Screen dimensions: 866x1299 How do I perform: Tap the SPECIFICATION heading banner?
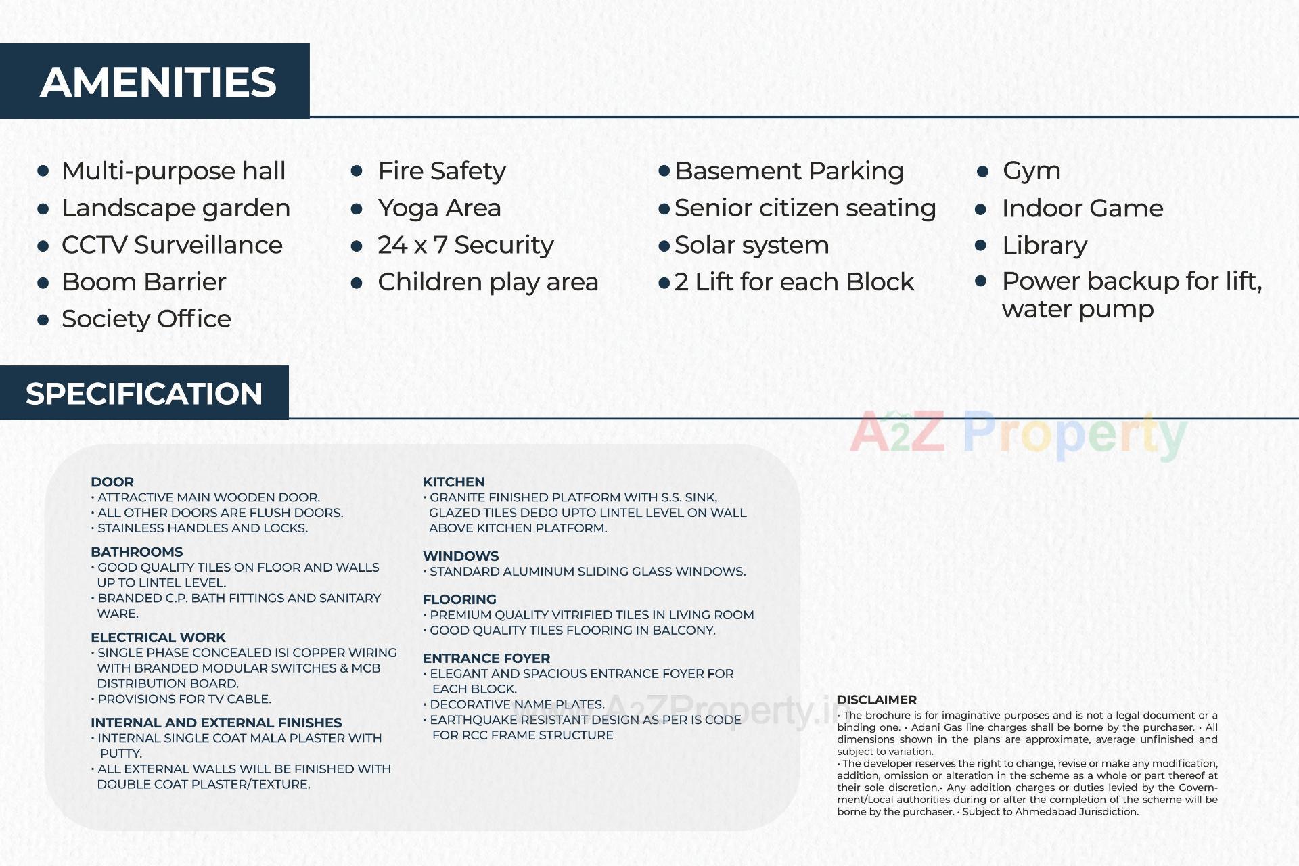pyautogui.click(x=143, y=393)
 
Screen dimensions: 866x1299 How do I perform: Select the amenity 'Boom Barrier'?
pyautogui.click(x=143, y=282)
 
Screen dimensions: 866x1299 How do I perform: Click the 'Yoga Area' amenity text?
pyautogui.click(x=439, y=208)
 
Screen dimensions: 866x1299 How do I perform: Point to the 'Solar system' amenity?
pyautogui.click(x=751, y=245)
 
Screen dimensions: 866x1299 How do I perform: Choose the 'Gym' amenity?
pyautogui.click(x=1031, y=171)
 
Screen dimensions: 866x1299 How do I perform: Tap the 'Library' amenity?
pyautogui.click(x=1044, y=246)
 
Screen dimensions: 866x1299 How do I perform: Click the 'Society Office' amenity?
pyautogui.click(x=146, y=319)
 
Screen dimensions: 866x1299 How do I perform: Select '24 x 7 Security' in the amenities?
pyautogui.click(x=465, y=245)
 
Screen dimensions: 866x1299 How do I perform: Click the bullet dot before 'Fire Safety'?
pyautogui.click(x=357, y=171)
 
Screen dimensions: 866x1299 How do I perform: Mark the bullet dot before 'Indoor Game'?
pyautogui.click(x=981, y=209)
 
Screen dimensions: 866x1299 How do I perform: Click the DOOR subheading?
pyautogui.click(x=112, y=482)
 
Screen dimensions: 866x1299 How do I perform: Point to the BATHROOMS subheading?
pyautogui.click(x=137, y=552)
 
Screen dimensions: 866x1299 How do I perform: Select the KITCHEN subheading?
pyautogui.click(x=453, y=482)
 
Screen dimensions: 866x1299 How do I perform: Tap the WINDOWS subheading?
pyautogui.click(x=460, y=556)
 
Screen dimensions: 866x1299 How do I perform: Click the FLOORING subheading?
pyautogui.click(x=459, y=599)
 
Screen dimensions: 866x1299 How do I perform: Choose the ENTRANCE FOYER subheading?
pyautogui.click(x=486, y=658)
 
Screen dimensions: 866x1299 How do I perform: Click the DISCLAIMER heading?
pyautogui.click(x=876, y=700)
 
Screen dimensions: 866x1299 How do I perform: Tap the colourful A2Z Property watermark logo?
pyautogui.click(x=1018, y=434)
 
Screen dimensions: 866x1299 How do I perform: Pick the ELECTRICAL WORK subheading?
pyautogui.click(x=158, y=637)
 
